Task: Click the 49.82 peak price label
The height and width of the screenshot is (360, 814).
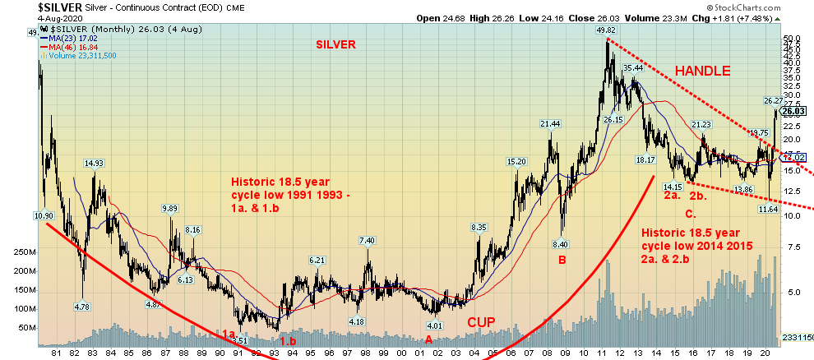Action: tap(606, 30)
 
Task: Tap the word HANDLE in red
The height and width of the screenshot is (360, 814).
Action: tap(703, 72)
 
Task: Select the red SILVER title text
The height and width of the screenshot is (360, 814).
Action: tap(335, 45)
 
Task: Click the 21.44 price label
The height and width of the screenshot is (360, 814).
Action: tap(550, 124)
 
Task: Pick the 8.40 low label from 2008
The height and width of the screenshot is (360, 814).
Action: tap(562, 244)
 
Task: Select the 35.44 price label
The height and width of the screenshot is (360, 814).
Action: tap(632, 67)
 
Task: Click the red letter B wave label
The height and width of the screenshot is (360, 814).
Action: tap(562, 261)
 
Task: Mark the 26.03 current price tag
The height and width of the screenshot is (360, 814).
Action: tap(793, 112)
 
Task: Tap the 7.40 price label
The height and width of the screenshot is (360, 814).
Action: tap(368, 240)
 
